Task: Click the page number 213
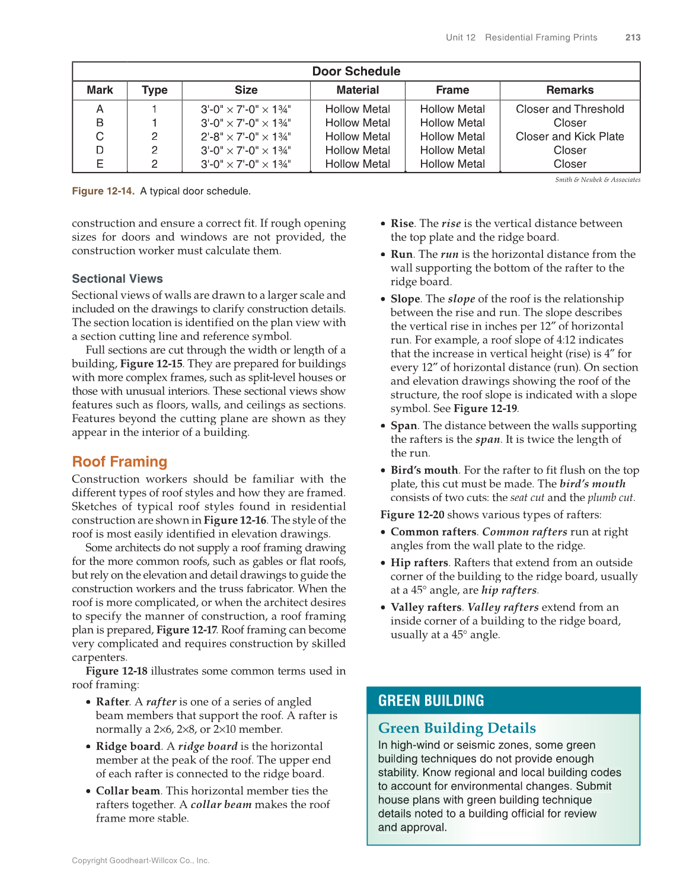click(633, 37)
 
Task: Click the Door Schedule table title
click(356, 71)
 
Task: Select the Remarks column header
click(569, 90)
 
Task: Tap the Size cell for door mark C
click(245, 136)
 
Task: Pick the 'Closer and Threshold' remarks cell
click(569, 109)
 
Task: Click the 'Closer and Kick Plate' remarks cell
click(569, 136)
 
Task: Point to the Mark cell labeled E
click(100, 164)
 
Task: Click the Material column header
click(358, 90)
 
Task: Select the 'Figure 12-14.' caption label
click(103, 191)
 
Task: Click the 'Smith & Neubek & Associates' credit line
click(597, 180)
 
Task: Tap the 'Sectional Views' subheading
click(117, 279)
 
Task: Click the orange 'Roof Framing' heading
click(120, 462)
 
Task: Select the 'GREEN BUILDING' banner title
click(431, 701)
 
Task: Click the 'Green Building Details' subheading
click(457, 728)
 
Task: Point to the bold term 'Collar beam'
click(128, 791)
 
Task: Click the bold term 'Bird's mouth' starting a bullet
click(424, 470)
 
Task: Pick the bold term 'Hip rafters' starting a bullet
click(419, 563)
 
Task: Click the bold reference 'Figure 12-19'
click(485, 408)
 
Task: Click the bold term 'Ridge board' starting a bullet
click(128, 746)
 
